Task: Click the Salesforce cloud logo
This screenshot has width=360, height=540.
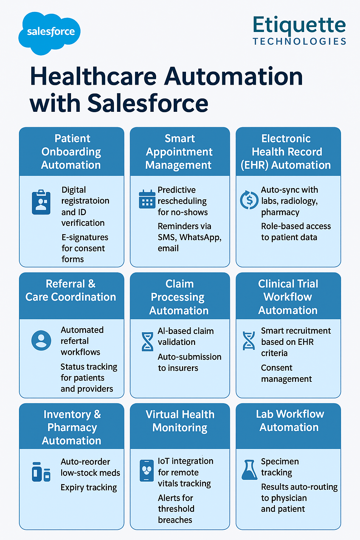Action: [x=50, y=33]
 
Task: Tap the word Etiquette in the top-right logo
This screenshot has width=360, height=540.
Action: [x=299, y=26]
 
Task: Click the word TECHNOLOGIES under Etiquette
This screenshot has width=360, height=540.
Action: [x=300, y=41]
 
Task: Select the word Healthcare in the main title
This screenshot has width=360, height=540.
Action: [x=93, y=76]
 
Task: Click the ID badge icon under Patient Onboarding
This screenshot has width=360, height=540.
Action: [x=41, y=202]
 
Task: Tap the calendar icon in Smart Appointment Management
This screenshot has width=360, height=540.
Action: [x=147, y=199]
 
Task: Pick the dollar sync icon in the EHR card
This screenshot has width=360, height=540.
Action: [x=249, y=200]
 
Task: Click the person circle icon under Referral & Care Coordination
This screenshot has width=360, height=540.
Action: [x=41, y=340]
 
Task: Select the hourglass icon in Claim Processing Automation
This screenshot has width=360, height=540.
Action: [x=147, y=341]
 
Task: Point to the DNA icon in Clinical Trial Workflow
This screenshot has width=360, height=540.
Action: [x=249, y=341]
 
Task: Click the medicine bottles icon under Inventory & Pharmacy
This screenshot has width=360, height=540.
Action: [x=41, y=472]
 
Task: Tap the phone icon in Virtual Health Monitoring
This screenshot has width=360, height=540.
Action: [x=147, y=471]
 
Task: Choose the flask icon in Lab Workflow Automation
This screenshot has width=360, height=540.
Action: [x=249, y=470]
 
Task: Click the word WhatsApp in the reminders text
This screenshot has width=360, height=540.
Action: [x=200, y=237]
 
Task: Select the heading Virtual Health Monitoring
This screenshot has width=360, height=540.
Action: [x=180, y=421]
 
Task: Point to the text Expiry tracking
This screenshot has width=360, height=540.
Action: [x=89, y=488]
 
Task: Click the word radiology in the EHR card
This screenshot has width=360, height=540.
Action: [x=297, y=201]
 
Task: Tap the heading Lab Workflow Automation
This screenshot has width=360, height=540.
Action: [x=290, y=420]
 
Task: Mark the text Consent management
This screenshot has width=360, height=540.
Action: [x=287, y=373]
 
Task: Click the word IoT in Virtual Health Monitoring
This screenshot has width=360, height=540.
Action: [x=163, y=461]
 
